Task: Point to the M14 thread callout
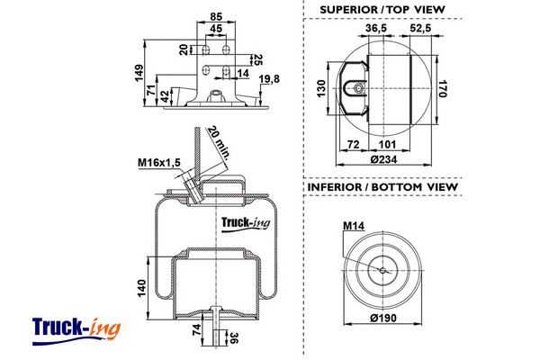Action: point(353,226)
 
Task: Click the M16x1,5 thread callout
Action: point(159,162)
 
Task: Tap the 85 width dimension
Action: point(216,14)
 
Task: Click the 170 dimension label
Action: point(442,88)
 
